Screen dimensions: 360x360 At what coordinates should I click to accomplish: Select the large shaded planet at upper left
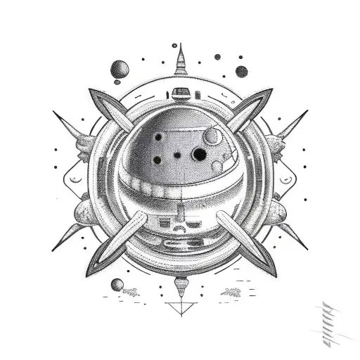pos(120,69)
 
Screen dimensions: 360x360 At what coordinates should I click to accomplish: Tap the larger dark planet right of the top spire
pos(241,71)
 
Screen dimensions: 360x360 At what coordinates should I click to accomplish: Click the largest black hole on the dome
pos(200,154)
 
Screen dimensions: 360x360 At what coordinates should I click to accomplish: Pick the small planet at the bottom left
pos(117,285)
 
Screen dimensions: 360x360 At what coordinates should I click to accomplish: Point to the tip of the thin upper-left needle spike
pos(53,110)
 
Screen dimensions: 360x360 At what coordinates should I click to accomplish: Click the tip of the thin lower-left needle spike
pos(52,250)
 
